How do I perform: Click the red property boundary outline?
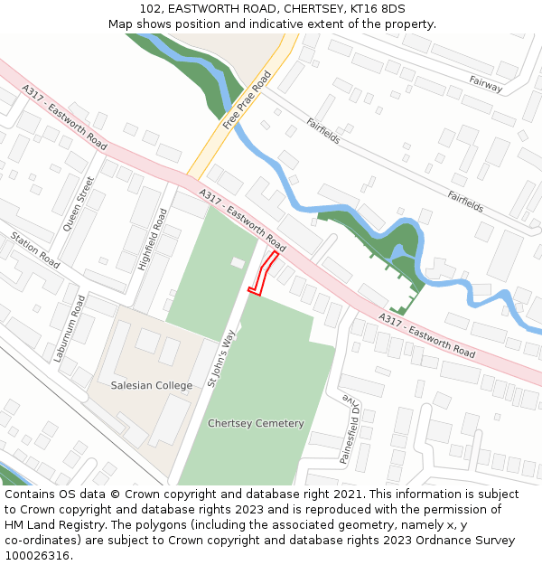pos(263,273)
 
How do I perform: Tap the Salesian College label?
pos(152,386)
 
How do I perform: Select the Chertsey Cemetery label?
pos(256,423)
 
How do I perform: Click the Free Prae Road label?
pos(248,100)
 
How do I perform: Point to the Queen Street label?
pos(79,203)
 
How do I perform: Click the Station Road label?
pos(35,250)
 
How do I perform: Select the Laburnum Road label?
pos(69,328)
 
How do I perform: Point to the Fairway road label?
pos(485,84)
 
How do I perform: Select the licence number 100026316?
pos(37,556)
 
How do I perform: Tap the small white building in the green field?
pos(238,262)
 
